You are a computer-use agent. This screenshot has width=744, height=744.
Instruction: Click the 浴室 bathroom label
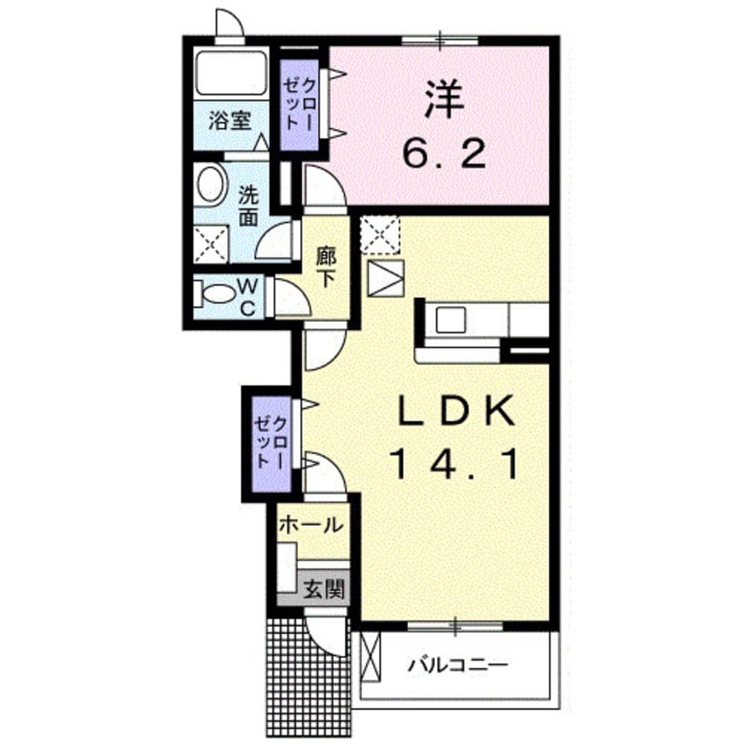point(230,120)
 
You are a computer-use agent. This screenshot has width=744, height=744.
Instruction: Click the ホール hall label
point(310,526)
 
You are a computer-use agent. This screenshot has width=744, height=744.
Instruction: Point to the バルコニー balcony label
point(456,665)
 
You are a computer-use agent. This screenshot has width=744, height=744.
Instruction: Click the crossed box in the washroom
point(211,244)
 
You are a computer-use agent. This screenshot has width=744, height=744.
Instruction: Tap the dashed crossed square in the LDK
point(380,236)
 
